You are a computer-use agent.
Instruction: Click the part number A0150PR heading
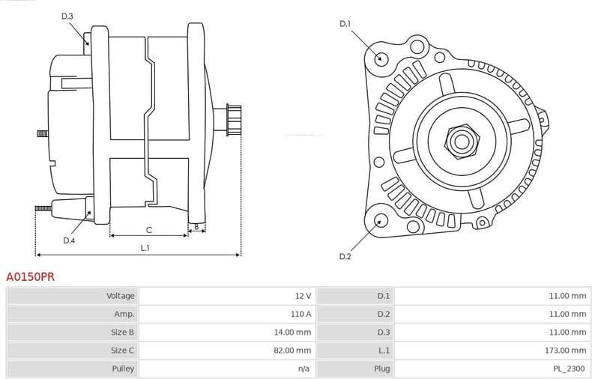click(x=30, y=276)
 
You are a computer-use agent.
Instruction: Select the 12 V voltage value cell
click(x=302, y=296)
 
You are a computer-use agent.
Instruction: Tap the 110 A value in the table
click(x=300, y=314)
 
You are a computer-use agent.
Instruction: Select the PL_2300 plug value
click(x=570, y=369)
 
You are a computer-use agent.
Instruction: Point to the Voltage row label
click(x=120, y=296)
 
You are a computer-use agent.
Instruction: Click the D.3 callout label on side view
click(x=67, y=16)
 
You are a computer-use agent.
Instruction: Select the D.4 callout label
click(x=69, y=240)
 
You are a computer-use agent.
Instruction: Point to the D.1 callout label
click(x=345, y=24)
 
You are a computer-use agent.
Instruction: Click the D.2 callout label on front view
click(x=345, y=257)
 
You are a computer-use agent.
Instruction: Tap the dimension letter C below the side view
click(x=149, y=229)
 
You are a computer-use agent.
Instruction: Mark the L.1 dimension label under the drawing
click(x=145, y=248)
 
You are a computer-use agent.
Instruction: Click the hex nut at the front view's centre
click(x=460, y=140)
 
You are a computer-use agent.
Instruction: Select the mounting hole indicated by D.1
click(x=381, y=58)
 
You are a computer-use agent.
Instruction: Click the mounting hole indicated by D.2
click(x=381, y=220)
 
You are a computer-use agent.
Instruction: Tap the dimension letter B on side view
click(x=196, y=226)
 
